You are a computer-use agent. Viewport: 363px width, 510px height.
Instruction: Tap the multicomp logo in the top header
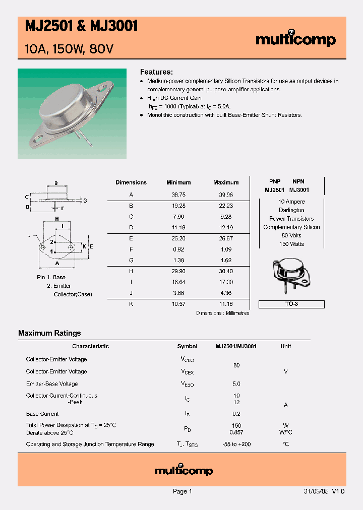coord(295,40)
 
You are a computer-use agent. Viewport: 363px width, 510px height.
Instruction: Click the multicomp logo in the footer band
coord(184,471)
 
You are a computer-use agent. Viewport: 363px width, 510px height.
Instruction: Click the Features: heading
coord(156,72)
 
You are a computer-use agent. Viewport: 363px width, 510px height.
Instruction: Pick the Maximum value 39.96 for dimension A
coord(225,195)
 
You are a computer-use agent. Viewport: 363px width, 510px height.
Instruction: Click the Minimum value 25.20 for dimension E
coord(178,238)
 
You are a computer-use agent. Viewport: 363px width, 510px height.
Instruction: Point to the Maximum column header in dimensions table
coord(225,182)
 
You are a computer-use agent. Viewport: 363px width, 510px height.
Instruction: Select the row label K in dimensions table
coord(131,304)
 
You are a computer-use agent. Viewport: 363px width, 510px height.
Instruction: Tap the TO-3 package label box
coord(291,304)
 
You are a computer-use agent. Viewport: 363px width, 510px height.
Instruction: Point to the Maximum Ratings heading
coord(49,333)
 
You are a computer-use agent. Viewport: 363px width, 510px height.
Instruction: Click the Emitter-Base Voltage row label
coord(52,384)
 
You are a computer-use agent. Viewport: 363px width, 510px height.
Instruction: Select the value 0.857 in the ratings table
coord(236,432)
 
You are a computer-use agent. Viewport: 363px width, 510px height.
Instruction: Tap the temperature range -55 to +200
coord(236,444)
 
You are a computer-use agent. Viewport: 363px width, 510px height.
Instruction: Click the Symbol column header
coord(187,346)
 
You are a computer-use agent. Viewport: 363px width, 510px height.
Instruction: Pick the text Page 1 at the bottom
coord(182,491)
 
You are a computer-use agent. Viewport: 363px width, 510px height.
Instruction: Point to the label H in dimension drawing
coord(57,219)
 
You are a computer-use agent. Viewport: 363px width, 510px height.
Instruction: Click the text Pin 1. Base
coord(51,277)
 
